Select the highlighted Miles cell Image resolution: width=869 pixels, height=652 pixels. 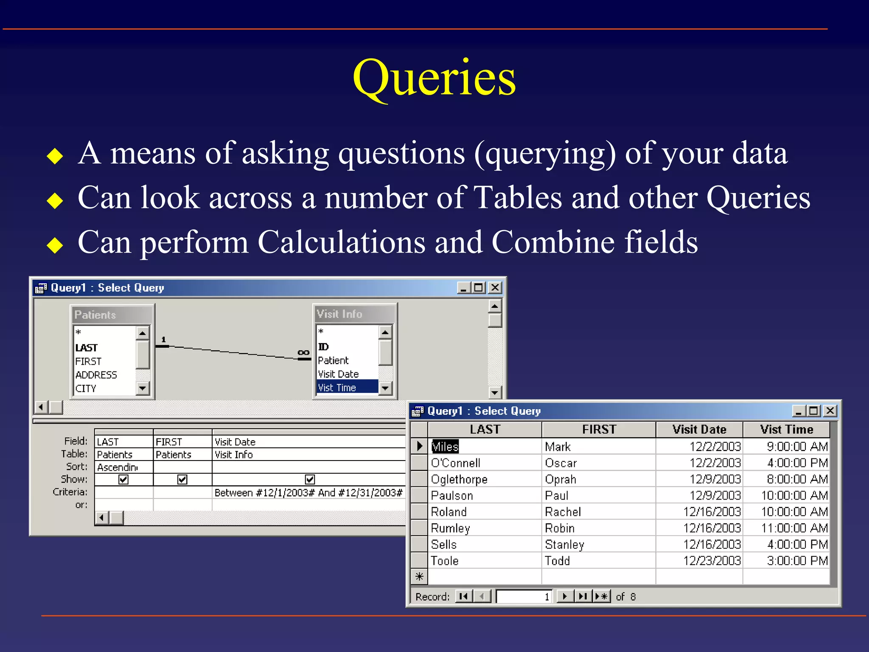coord(445,447)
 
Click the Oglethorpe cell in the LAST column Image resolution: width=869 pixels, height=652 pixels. coord(459,479)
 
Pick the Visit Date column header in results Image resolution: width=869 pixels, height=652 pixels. coord(699,430)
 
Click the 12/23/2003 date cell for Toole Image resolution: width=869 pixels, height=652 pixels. coord(712,561)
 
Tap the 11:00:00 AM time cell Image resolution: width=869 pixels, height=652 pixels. coord(794,528)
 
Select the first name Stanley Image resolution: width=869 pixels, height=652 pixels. coord(564,545)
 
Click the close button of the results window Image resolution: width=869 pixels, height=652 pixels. coord(830,411)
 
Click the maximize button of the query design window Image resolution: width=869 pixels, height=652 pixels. coord(479,288)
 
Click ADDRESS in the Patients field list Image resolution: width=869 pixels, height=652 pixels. coord(96,375)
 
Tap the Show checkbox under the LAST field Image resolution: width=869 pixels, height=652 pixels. coord(123,480)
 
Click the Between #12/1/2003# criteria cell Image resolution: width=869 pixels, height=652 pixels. coord(308,492)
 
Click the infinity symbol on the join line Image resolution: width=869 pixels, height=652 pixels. coord(303,353)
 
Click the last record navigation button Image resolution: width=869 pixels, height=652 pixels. coord(583,596)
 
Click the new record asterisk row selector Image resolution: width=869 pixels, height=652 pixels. coord(419,576)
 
